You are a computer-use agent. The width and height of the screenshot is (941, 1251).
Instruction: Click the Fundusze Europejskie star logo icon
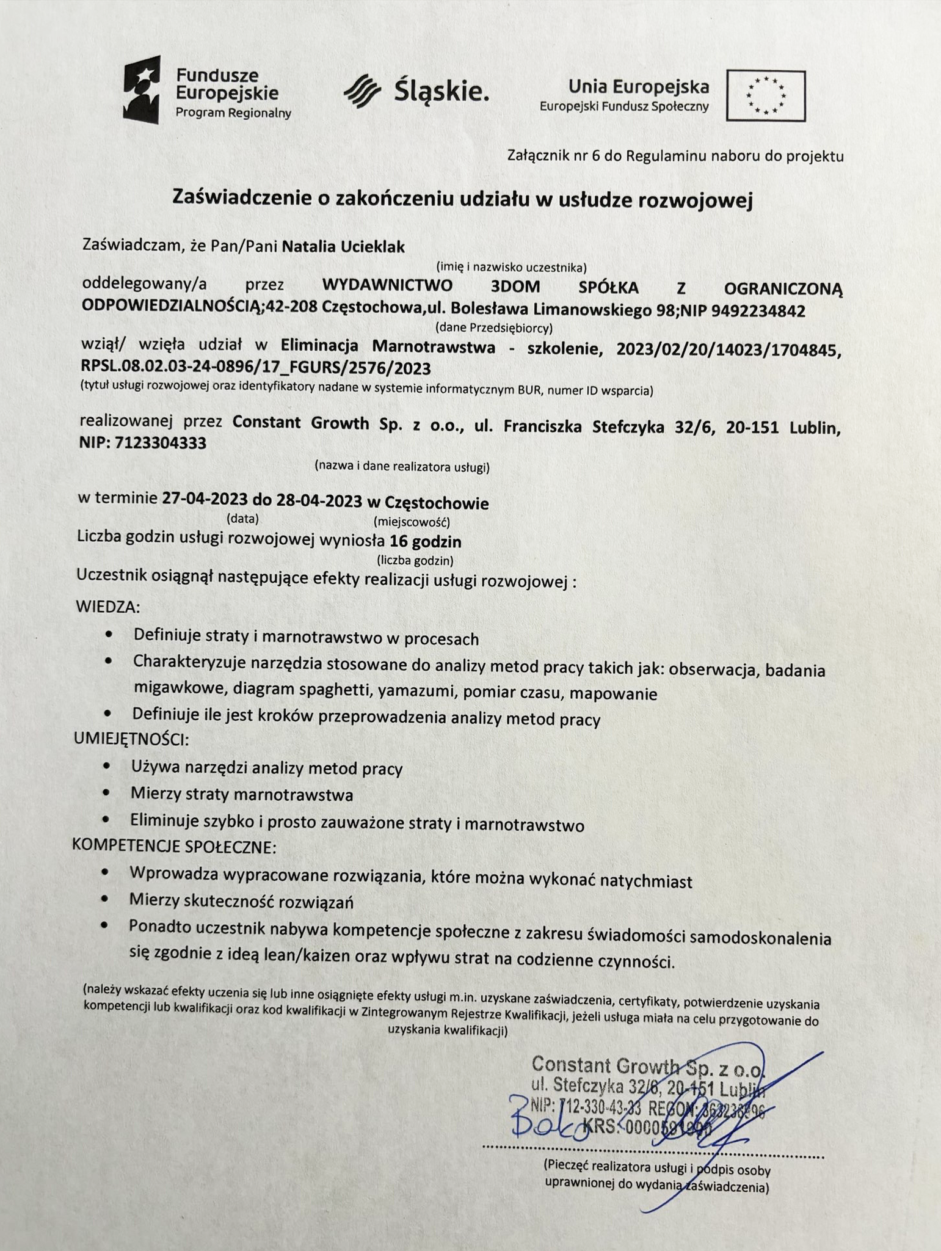click(x=142, y=89)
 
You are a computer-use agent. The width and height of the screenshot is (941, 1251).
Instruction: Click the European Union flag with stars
click(x=766, y=95)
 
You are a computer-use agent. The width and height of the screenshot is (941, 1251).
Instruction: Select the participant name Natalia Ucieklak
click(x=343, y=246)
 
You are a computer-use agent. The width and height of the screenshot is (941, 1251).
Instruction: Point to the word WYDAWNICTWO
click(x=387, y=286)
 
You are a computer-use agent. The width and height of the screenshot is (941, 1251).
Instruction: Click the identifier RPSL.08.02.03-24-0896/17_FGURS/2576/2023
click(x=256, y=368)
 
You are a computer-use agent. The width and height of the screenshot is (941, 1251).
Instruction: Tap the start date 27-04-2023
click(x=205, y=501)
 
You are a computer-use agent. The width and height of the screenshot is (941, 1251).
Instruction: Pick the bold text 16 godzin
click(x=426, y=541)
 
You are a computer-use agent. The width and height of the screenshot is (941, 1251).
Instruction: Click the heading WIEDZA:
click(x=108, y=607)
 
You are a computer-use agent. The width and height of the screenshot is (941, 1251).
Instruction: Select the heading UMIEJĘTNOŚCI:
click(x=131, y=739)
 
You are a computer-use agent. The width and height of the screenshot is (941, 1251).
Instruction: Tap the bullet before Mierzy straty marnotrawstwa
click(x=107, y=793)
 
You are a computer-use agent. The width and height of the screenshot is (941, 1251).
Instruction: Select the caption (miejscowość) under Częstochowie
click(x=411, y=522)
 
